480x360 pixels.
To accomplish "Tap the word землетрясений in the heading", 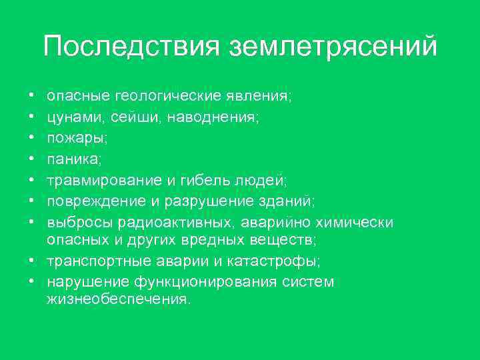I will (x=333, y=48).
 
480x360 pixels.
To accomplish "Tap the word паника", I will (x=71, y=159).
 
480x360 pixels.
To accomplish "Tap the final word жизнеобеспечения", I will (x=118, y=300).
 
